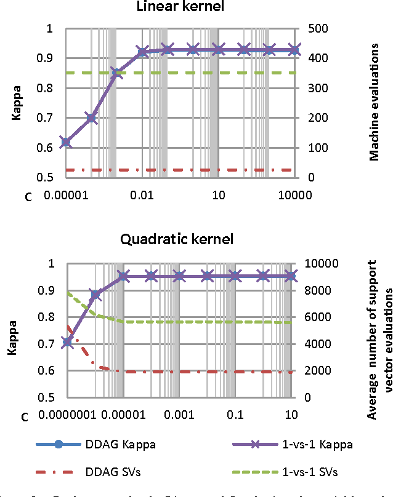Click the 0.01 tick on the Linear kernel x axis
point(142,196)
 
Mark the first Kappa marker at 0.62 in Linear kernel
point(66,142)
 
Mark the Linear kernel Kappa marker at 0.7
point(91,118)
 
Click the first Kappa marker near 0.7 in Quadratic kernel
point(67,342)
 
